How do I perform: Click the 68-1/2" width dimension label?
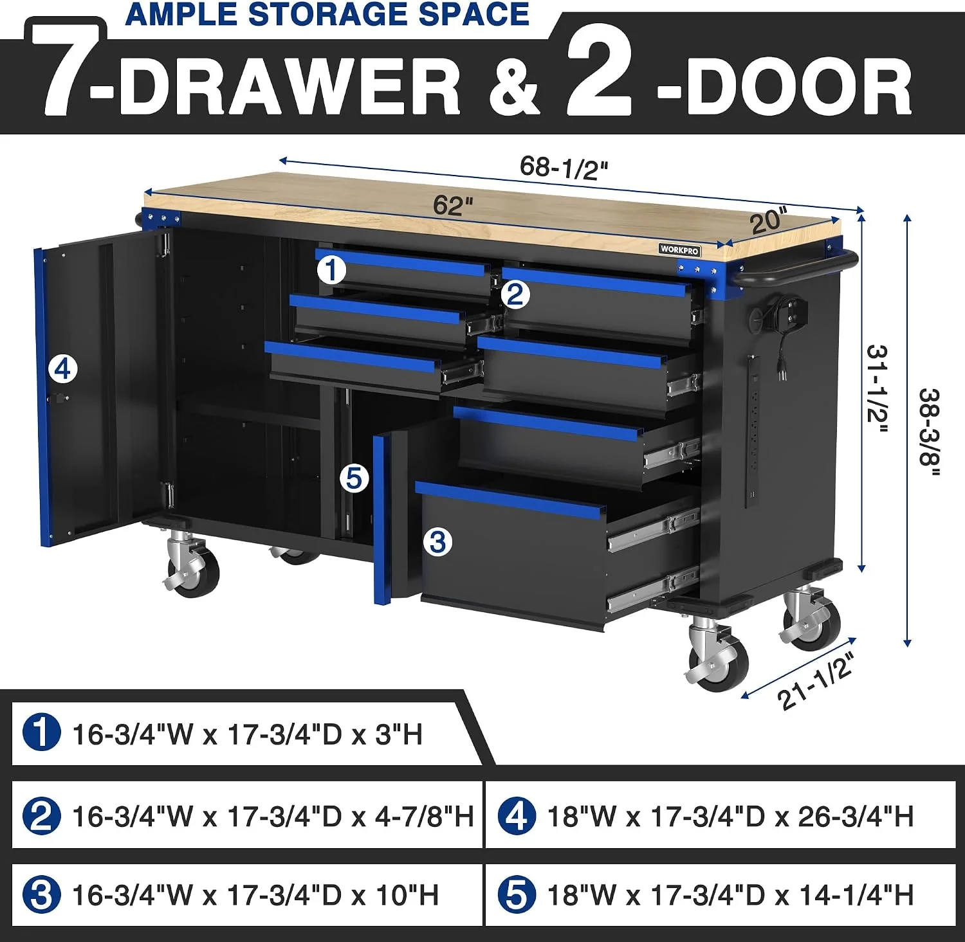pos(564,169)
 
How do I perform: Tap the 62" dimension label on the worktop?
pos(453,206)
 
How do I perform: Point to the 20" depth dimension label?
pos(769,221)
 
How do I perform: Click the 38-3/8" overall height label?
pos(929,431)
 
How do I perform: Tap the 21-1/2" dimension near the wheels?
pos(816,681)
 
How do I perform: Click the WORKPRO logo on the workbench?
pos(679,249)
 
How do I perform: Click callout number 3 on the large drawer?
pos(437,542)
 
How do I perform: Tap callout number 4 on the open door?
pos(63,369)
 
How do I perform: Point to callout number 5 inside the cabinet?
pos(354,478)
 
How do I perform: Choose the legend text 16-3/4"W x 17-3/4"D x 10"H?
pos(255,896)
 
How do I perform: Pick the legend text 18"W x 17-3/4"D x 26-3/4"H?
pos(730,816)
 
